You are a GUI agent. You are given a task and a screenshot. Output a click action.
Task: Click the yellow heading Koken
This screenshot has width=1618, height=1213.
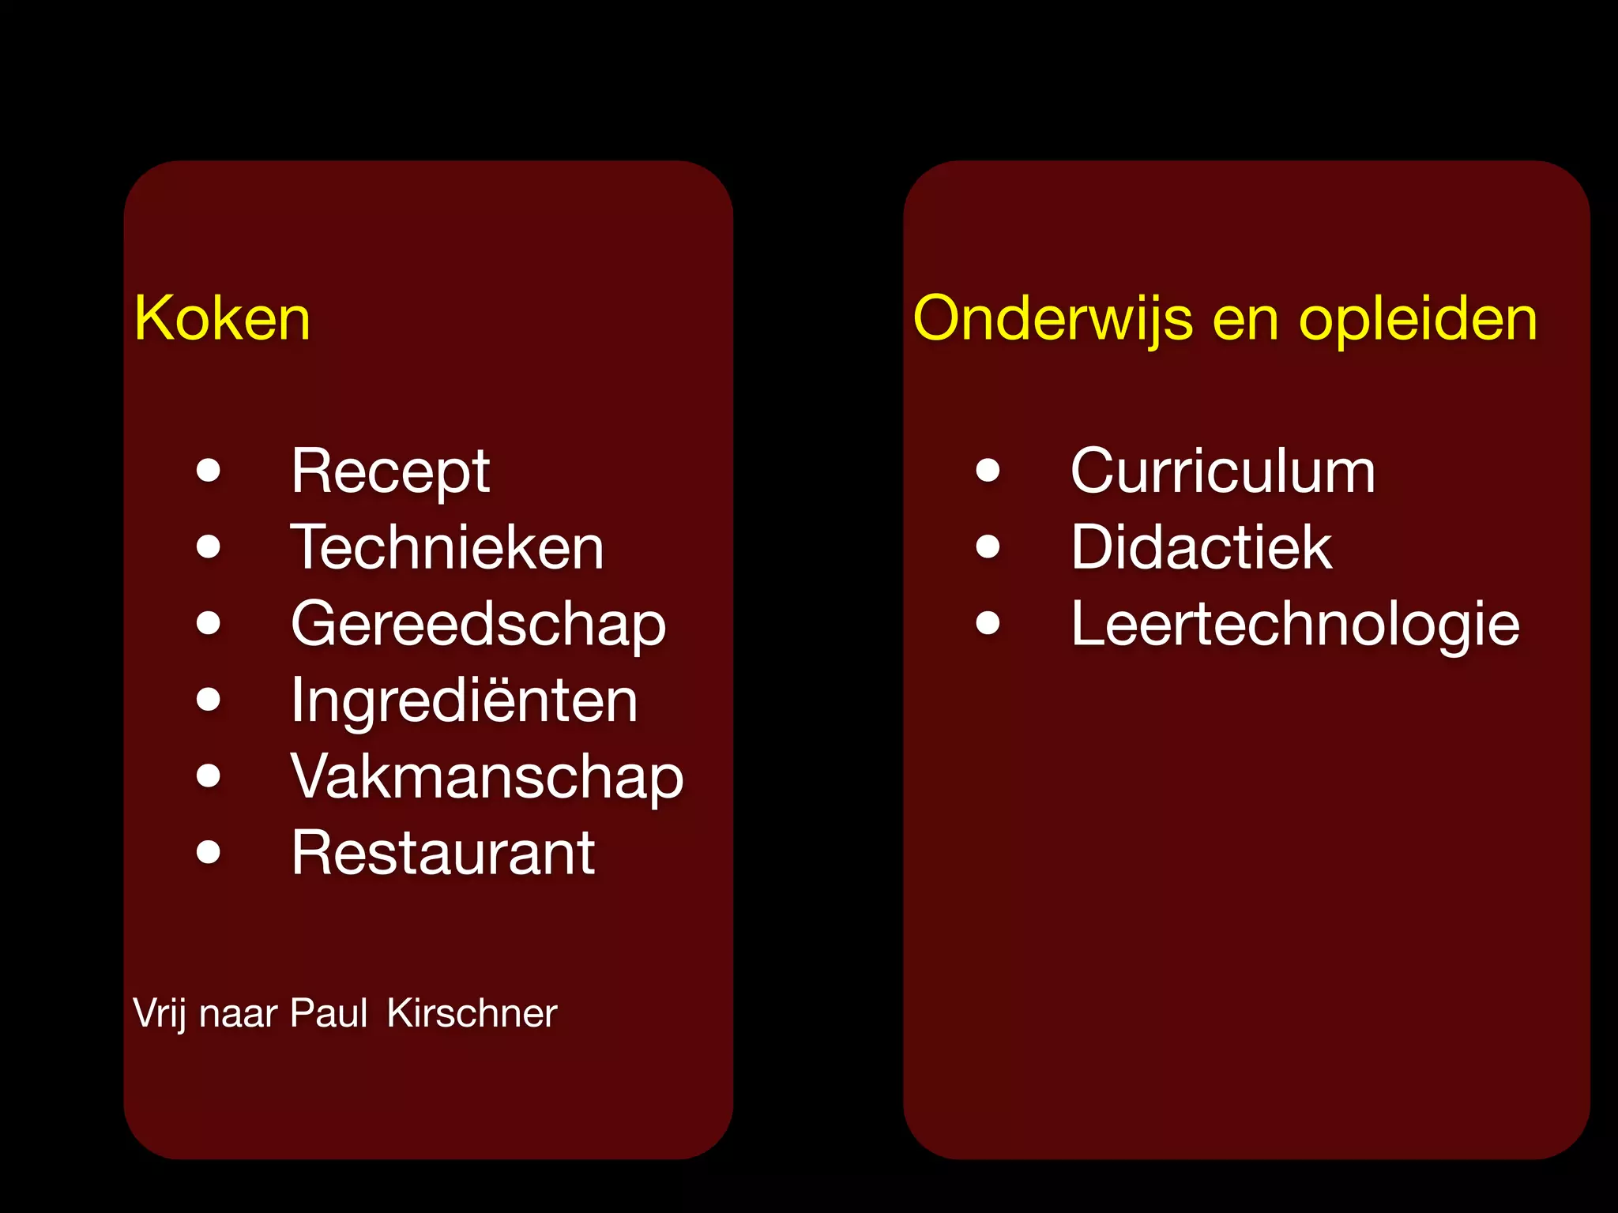[222, 318]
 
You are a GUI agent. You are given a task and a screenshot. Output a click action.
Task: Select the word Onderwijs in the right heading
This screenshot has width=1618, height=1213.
[1052, 318]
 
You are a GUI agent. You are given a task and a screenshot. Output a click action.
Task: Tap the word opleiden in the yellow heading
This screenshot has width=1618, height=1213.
[1418, 318]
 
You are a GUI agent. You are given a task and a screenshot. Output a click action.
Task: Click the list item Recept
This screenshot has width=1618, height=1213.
[390, 471]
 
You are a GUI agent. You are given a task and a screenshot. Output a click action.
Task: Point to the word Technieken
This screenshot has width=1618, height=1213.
[447, 547]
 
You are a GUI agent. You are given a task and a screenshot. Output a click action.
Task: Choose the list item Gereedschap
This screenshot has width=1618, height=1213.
[478, 624]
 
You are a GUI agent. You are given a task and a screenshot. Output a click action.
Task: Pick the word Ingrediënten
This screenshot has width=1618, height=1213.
[464, 700]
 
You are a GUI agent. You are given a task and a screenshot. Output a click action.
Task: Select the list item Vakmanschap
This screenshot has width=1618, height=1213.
[487, 776]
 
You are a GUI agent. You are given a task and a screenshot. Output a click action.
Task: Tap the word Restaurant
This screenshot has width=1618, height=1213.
[442, 853]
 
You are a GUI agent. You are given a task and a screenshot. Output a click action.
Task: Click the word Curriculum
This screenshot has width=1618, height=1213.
[1222, 471]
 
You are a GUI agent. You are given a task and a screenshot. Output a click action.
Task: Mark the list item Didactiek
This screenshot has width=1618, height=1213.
[1201, 547]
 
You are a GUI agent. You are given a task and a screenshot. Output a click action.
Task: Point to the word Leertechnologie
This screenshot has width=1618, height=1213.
[1295, 624]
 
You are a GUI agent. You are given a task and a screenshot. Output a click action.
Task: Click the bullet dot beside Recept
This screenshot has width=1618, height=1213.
[209, 471]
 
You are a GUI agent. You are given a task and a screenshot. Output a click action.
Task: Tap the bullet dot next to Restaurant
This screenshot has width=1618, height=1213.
[209, 852]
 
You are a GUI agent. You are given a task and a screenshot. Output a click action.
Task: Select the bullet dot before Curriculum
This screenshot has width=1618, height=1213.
[988, 471]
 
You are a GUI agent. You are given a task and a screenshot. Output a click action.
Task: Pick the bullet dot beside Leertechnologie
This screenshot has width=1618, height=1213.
[988, 623]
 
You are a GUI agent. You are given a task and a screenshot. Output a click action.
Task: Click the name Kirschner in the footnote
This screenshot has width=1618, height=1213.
[472, 1013]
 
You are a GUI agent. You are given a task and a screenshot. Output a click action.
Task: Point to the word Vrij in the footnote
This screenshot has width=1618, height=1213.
[160, 1013]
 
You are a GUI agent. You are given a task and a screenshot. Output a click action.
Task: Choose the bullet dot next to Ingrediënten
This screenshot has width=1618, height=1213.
[209, 700]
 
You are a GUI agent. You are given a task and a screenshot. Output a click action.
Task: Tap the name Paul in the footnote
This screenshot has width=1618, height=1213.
[328, 1013]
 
